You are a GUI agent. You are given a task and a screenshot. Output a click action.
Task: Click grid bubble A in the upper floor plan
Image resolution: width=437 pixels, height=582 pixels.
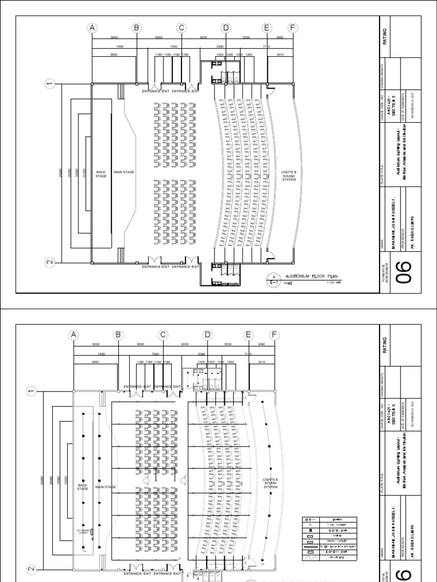point(92,28)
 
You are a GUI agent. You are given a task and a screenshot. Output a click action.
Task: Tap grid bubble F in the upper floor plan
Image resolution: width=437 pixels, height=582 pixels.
point(293,28)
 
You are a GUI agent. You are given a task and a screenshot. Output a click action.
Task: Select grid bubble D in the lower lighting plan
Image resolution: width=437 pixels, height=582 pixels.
point(208,335)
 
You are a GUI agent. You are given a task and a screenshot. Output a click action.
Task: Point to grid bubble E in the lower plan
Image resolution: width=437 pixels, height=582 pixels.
point(248,335)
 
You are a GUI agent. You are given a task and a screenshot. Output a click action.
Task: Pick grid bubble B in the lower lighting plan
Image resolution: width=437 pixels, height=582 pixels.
point(118,335)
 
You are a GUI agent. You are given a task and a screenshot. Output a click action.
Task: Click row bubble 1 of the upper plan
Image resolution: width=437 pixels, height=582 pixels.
point(50,84)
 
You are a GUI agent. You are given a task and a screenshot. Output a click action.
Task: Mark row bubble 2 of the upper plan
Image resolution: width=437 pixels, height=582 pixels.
point(50,263)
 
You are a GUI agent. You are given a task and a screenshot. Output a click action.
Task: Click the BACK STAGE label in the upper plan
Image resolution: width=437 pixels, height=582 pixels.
point(101,173)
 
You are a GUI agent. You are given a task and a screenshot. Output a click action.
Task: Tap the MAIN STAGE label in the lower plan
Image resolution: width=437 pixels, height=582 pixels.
point(106,487)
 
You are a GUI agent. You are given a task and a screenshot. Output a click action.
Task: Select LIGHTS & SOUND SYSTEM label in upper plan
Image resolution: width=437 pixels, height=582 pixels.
point(289,175)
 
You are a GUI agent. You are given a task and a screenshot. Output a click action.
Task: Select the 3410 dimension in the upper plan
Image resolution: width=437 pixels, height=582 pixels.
point(280,55)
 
